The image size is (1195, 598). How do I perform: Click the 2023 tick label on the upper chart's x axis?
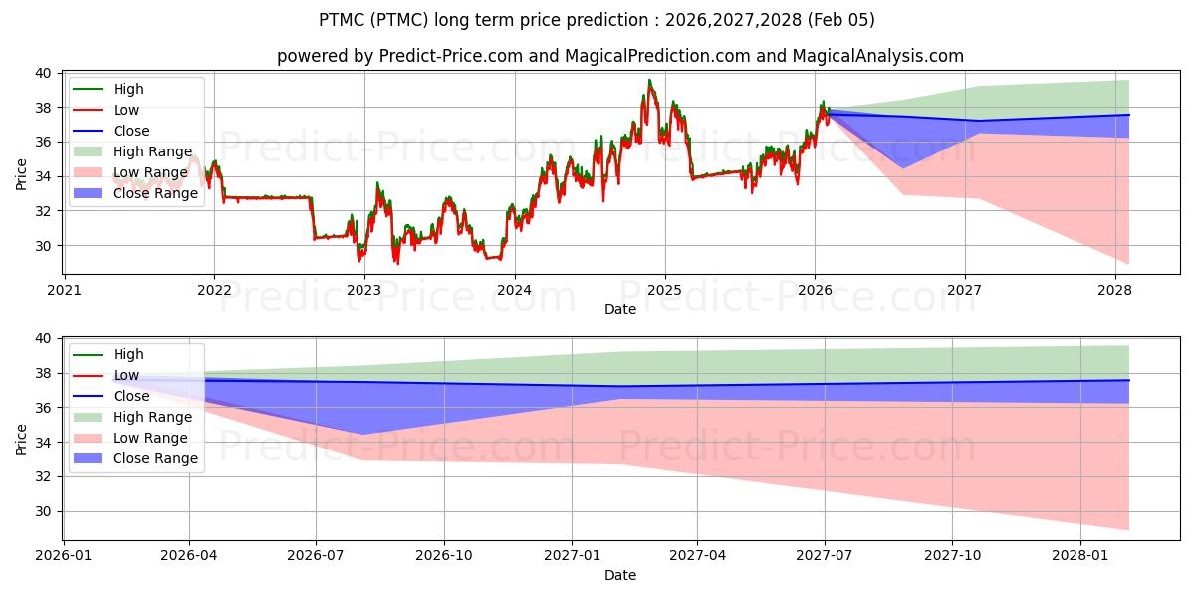click(x=364, y=290)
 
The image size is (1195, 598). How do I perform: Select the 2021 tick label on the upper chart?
click(x=64, y=290)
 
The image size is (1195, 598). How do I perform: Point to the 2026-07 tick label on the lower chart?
click(x=316, y=555)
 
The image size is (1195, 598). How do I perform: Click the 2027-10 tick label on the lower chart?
click(x=953, y=555)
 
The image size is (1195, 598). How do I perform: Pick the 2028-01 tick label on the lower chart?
click(x=1081, y=555)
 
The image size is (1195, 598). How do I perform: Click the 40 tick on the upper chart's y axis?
click(x=44, y=73)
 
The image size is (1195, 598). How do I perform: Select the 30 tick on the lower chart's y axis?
click(x=44, y=511)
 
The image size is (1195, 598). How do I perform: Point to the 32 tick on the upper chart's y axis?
click(x=44, y=211)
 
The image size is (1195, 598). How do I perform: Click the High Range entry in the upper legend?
click(x=151, y=151)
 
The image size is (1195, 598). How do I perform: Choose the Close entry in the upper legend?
click(x=131, y=131)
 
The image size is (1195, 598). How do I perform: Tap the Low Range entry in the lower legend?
click(x=149, y=438)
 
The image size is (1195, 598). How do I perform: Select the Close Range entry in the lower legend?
click(x=155, y=458)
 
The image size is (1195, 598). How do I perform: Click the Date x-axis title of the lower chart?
click(x=619, y=575)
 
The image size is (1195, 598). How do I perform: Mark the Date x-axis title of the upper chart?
click(x=619, y=310)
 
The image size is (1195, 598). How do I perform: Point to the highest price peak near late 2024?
click(x=649, y=80)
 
